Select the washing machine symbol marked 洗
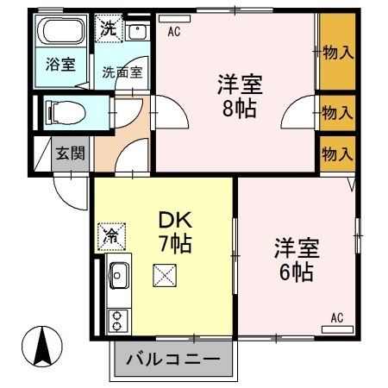point(109,28)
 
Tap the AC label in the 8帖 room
point(174,33)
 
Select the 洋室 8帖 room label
point(239,97)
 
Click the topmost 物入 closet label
point(337,53)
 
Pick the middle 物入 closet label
point(337,112)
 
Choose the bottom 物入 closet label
point(337,154)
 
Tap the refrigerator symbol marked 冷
point(112,233)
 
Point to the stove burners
point(117,321)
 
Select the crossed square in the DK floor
point(163,276)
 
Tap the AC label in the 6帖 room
point(337,318)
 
